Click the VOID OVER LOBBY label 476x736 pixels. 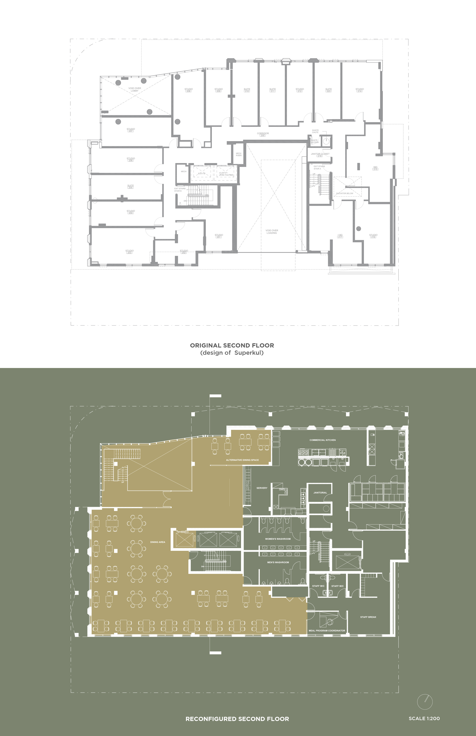[135, 89]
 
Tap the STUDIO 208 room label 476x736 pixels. [189, 90]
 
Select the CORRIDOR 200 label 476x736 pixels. [263, 134]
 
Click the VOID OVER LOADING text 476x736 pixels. [272, 232]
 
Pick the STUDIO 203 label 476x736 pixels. [130, 252]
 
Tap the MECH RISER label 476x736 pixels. [239, 154]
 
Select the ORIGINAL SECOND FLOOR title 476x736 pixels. [232, 345]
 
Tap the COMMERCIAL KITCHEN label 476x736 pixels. [322, 440]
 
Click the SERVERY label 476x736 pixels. [262, 488]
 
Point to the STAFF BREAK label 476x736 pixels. [368, 617]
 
